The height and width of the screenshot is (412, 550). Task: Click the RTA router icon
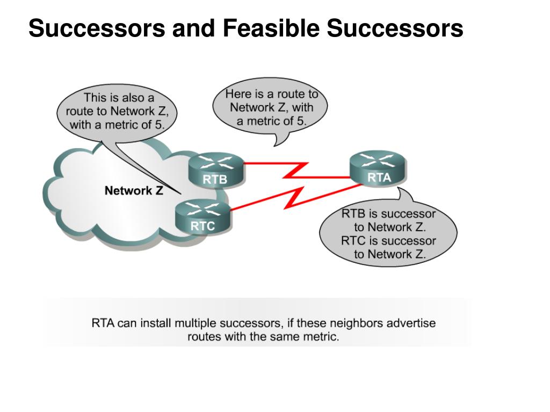pyautogui.click(x=379, y=168)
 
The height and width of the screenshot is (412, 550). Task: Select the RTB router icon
pyautogui.click(x=216, y=170)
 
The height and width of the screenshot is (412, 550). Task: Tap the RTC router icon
pyautogui.click(x=202, y=217)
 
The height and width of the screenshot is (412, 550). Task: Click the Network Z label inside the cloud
pyautogui.click(x=134, y=190)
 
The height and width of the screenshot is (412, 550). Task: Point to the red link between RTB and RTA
pyautogui.click(x=296, y=171)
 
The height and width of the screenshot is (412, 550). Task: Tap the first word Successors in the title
pyautogui.click(x=97, y=28)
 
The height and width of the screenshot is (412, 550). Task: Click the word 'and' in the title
pyautogui.click(x=193, y=28)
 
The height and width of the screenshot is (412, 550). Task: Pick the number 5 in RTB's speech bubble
pyautogui.click(x=300, y=121)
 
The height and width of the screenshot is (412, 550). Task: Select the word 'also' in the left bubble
pyautogui.click(x=133, y=98)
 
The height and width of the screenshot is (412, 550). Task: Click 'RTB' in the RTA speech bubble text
pyautogui.click(x=353, y=214)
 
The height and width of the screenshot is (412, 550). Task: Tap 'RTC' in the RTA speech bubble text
pyautogui.click(x=353, y=241)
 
